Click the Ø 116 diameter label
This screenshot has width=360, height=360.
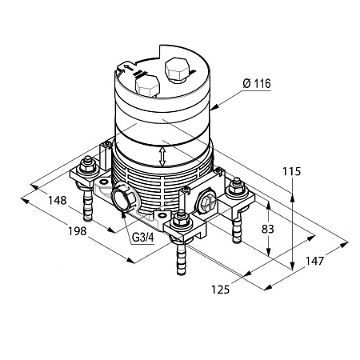[x=257, y=84]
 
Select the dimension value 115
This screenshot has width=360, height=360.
[x=291, y=171]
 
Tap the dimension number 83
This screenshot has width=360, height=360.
[x=268, y=229]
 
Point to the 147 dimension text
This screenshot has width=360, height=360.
[x=314, y=261]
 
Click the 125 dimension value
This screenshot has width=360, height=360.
[x=221, y=289]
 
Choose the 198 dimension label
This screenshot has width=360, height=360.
[x=78, y=231]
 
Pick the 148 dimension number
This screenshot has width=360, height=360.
[x=57, y=200]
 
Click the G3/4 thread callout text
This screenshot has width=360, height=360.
[x=143, y=238]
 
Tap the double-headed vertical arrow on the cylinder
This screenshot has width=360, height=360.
[x=162, y=157]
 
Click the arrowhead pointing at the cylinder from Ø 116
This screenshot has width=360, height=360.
[x=214, y=106]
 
